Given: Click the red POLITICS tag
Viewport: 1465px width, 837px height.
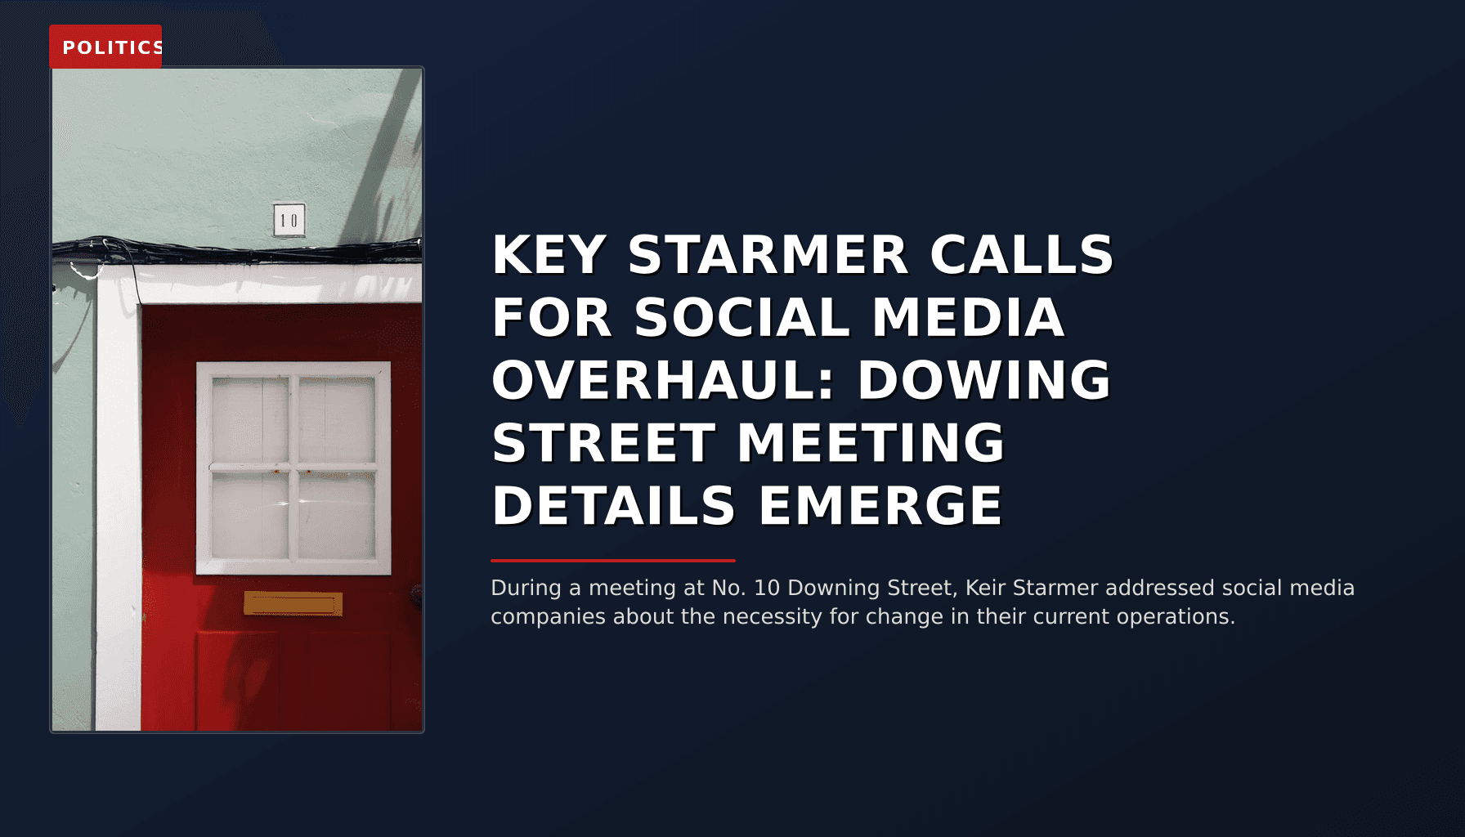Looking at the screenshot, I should coord(105,47).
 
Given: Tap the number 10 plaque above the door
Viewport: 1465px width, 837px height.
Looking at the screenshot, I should coord(289,220).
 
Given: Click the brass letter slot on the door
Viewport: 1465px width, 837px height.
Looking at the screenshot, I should coord(293,604).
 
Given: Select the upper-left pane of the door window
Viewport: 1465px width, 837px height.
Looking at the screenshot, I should coord(250,419).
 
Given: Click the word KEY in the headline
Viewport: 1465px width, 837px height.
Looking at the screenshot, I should coord(549,255).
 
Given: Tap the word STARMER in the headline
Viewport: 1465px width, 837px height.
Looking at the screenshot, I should coord(768,255).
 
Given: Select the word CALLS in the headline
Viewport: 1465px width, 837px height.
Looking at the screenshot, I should coord(1022,255).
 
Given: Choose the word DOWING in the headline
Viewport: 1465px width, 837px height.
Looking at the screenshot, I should coord(984,380).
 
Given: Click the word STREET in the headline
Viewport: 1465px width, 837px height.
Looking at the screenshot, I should coord(603,443).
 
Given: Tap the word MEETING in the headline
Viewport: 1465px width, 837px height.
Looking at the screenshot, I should coord(871,443).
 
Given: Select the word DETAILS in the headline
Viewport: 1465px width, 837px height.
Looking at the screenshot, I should coord(613,506).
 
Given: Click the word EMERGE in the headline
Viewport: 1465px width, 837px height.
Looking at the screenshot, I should coord(880,506).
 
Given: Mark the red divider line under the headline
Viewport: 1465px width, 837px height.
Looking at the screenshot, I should coord(613,561).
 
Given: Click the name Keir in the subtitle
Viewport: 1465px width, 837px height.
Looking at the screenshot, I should coord(986,588).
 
